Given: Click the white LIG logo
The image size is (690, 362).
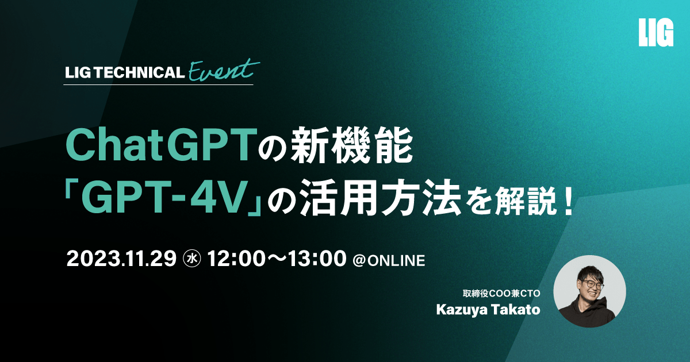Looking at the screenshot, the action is pyautogui.click(x=656, y=37).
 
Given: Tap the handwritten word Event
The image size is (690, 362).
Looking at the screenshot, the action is pyautogui.click(x=224, y=70).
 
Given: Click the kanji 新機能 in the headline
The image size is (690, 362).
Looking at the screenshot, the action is pyautogui.click(x=352, y=145).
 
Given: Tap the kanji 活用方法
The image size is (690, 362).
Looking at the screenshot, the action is pyautogui.click(x=380, y=199).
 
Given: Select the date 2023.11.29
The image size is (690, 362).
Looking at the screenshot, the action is pyautogui.click(x=121, y=259).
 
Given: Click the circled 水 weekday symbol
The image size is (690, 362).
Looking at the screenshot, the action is pyautogui.click(x=192, y=259).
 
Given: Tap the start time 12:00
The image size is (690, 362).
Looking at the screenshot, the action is pyautogui.click(x=236, y=259).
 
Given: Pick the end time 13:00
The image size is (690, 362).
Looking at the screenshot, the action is pyautogui.click(x=317, y=259).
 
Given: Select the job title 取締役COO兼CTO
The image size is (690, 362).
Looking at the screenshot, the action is pyautogui.click(x=501, y=294).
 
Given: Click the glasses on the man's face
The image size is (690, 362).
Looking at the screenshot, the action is pyautogui.click(x=591, y=284).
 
